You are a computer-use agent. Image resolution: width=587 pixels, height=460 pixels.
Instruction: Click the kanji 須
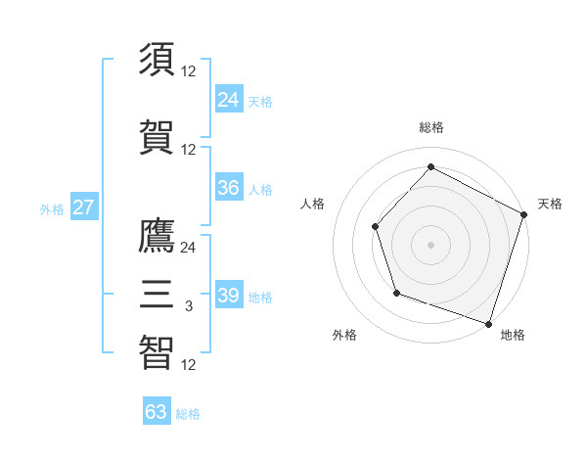[x=158, y=60]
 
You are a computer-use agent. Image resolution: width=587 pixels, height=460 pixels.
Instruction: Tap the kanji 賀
[x=158, y=138]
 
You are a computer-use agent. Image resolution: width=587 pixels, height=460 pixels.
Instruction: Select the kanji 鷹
[x=158, y=237]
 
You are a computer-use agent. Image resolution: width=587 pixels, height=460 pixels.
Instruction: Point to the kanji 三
[x=158, y=295]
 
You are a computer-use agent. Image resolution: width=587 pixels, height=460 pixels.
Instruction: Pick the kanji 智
[x=158, y=353]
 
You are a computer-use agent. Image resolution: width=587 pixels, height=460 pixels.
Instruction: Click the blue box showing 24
[x=228, y=99]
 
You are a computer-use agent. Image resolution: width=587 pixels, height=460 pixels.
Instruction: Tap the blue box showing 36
[x=228, y=188]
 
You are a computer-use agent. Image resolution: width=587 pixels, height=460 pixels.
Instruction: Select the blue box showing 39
[x=228, y=296]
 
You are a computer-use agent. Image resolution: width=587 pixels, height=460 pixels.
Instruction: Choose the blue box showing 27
[x=83, y=207]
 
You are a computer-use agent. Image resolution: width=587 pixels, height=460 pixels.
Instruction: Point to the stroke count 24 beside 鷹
[x=188, y=248]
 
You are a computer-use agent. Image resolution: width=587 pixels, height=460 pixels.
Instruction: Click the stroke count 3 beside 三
[x=188, y=306]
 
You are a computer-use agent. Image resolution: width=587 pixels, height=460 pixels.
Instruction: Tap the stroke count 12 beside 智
[x=188, y=365]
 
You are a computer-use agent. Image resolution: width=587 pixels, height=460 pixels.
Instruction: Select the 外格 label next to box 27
[x=52, y=208]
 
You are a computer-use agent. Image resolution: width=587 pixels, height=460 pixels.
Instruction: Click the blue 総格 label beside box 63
[x=188, y=413]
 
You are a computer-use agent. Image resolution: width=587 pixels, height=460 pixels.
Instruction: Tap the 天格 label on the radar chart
[x=550, y=204]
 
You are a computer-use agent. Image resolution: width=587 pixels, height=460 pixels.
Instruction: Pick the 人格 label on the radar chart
[x=313, y=204]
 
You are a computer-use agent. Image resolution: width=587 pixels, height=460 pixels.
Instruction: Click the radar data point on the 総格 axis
[x=430, y=167]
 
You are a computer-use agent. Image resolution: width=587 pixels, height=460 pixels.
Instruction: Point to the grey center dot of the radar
[x=430, y=245]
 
